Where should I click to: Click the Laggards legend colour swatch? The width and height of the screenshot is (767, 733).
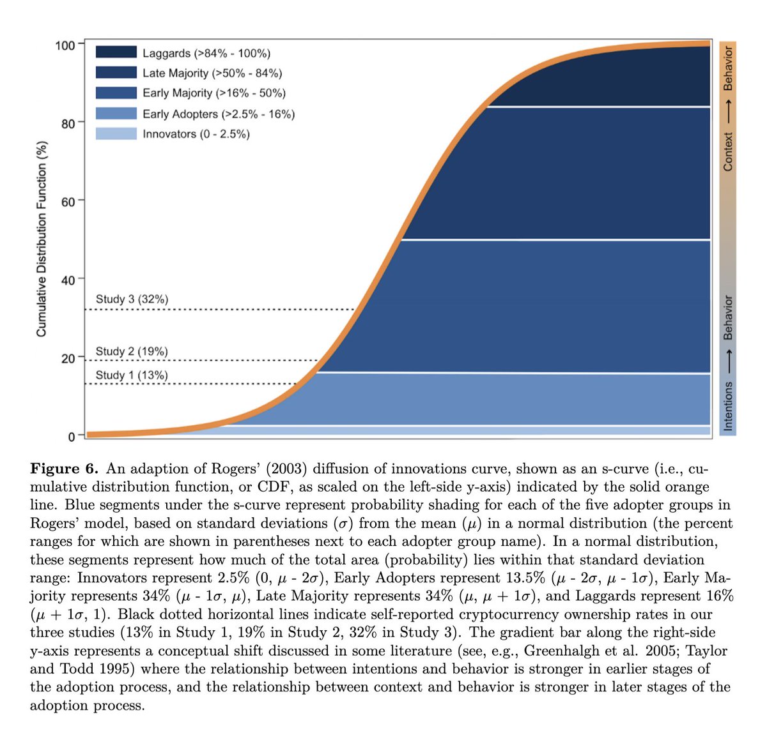(116, 52)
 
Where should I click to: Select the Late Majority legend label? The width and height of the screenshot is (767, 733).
(212, 73)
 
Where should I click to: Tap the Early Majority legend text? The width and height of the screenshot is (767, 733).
(213, 93)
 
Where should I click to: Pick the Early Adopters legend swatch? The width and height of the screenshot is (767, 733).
(116, 114)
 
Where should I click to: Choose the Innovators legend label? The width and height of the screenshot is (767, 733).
(196, 134)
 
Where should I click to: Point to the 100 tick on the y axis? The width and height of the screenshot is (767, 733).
(65, 45)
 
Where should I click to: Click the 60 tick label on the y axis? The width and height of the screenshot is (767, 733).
(68, 202)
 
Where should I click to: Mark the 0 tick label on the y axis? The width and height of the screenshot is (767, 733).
(72, 437)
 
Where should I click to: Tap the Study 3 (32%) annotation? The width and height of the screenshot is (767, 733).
(132, 299)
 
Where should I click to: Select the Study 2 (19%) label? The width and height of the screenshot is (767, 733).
(132, 351)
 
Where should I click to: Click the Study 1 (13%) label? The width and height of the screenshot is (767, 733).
(132, 375)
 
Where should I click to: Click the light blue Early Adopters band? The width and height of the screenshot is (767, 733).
(511, 399)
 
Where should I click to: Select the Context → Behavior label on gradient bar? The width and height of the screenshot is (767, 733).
(728, 107)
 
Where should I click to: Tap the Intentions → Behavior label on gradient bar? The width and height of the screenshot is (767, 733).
(728, 361)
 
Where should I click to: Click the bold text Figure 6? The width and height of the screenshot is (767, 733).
(64, 469)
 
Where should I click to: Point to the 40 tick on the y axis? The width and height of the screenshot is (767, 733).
(68, 280)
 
